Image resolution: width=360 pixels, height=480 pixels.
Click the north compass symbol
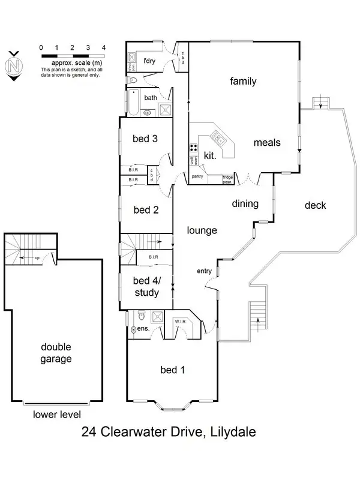(14, 65)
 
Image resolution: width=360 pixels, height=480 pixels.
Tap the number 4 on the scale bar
(104, 47)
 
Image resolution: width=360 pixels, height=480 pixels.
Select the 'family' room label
(243, 81)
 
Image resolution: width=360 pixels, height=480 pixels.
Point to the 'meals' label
(267, 143)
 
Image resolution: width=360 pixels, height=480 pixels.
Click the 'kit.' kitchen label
(209, 155)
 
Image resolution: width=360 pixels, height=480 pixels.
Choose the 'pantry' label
(197, 176)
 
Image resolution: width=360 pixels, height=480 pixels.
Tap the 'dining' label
(245, 204)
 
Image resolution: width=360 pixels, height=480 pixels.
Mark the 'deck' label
(315, 205)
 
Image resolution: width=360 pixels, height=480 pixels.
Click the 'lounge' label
(202, 230)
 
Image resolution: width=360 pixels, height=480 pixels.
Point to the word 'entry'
(204, 271)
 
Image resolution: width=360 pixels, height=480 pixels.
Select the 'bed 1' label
(172, 370)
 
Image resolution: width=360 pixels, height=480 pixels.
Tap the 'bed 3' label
(145, 139)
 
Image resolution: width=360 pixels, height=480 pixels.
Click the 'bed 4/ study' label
(146, 287)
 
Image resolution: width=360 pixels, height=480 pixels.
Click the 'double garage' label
(56, 353)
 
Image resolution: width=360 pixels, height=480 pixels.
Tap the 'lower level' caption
(56, 414)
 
